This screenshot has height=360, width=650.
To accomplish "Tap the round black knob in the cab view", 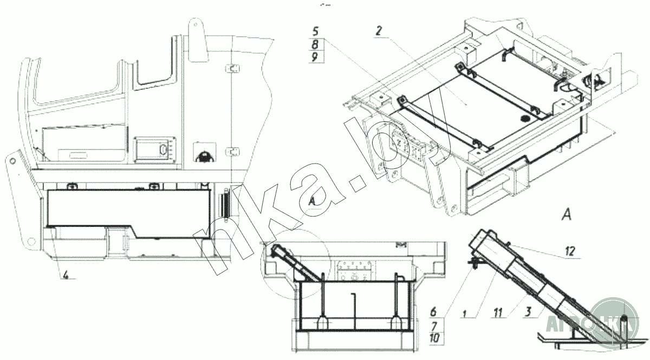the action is click(x=204, y=156).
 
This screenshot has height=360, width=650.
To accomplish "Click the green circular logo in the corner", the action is click(x=617, y=324).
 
